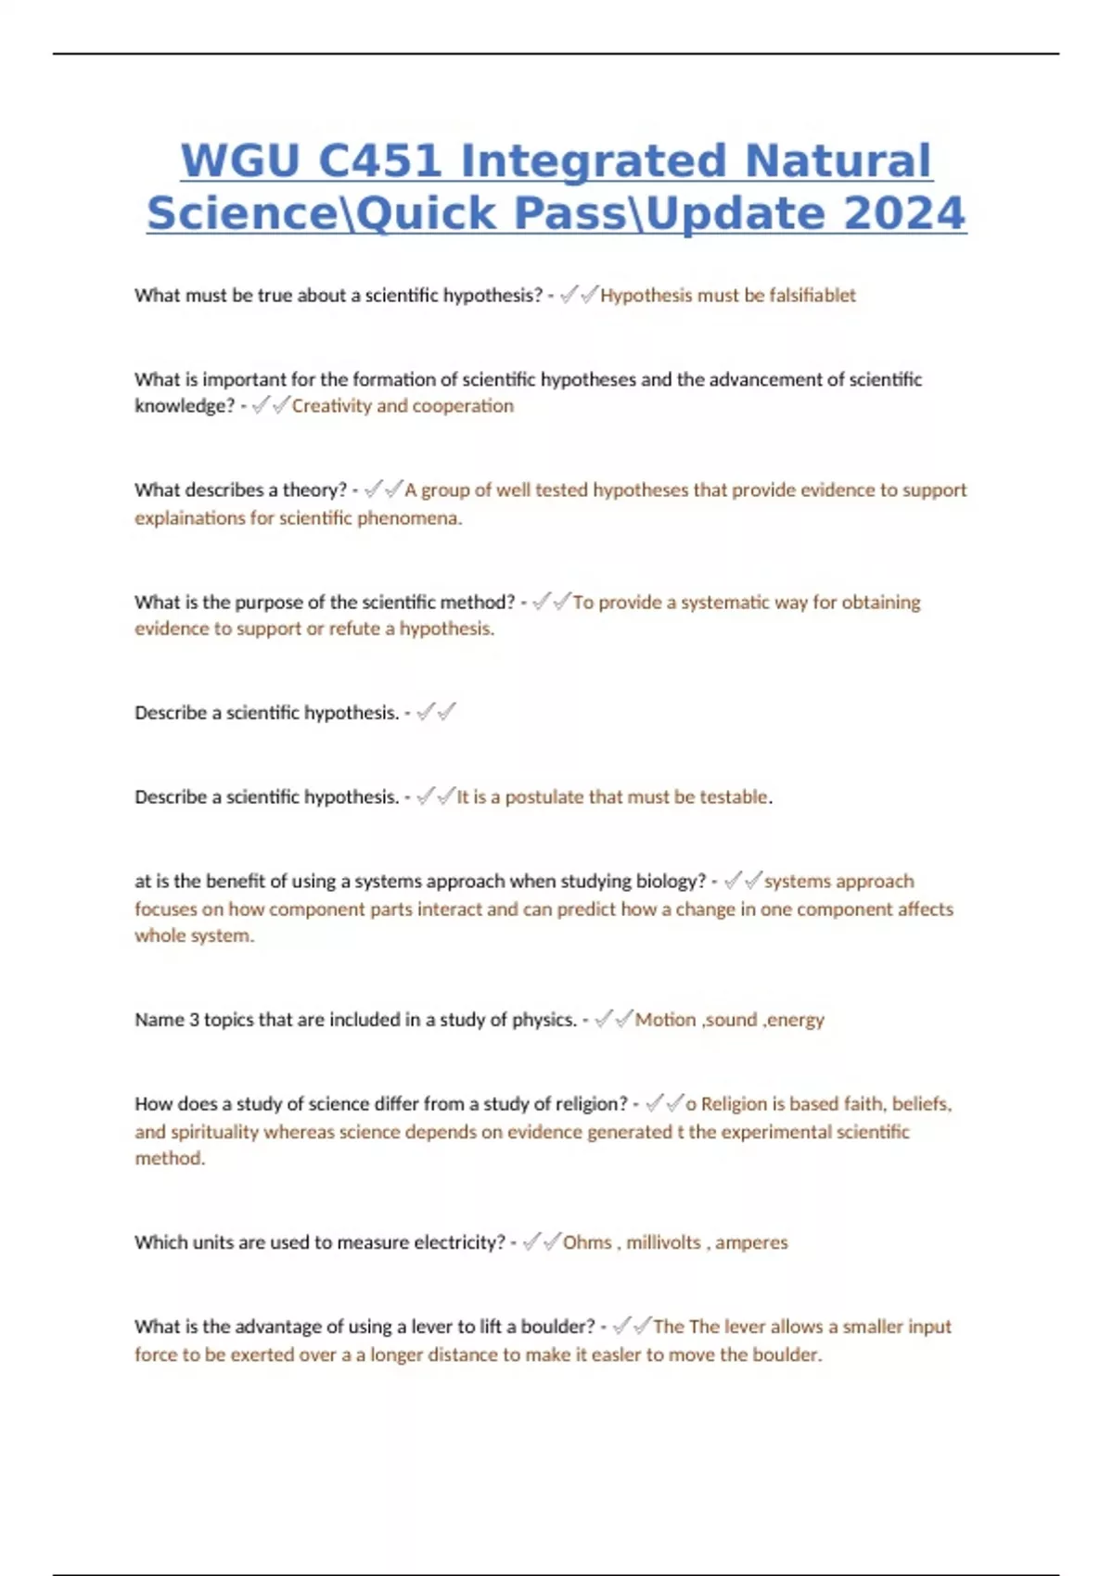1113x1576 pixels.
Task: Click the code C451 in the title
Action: [x=379, y=161]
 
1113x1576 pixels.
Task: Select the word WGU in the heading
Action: [x=239, y=161]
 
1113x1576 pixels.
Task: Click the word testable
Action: [x=734, y=796]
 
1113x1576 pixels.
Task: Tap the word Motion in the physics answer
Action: [x=665, y=1020]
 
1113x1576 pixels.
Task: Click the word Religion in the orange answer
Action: [x=735, y=1103]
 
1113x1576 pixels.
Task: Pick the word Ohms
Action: [x=587, y=1242]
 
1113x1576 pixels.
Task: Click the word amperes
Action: [x=751, y=1242]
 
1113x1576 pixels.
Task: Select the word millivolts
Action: [x=663, y=1242]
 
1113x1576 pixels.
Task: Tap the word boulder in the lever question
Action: [x=557, y=1327]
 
